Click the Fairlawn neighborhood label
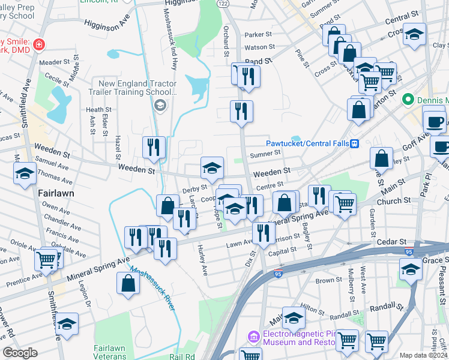[x=56, y=194]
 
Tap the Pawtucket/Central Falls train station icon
[x=355, y=143]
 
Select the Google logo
[x=20, y=353]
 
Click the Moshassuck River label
[x=154, y=289]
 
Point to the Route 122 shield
[x=223, y=4]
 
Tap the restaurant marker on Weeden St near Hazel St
[x=154, y=147]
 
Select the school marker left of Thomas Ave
[x=25, y=173]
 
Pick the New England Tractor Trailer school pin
[x=160, y=106]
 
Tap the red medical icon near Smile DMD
[x=38, y=44]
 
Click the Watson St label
[x=259, y=46]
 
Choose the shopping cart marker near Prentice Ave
[x=46, y=259]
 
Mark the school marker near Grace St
[x=411, y=270]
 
